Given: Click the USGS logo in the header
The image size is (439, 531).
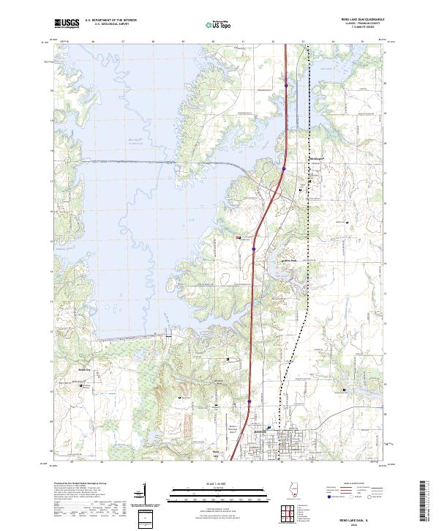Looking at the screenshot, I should click(x=67, y=23).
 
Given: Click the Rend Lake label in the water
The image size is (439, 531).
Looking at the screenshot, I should click(x=109, y=139).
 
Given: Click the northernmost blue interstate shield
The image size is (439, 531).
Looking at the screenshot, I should click(x=285, y=86).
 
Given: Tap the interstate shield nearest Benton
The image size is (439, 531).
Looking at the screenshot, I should click(x=249, y=401).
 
